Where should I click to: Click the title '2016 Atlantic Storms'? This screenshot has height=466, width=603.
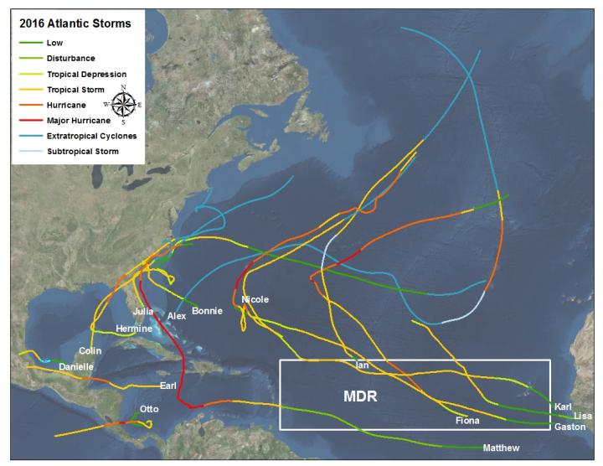pos(75,23)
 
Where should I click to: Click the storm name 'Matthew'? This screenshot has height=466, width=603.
pos(501,448)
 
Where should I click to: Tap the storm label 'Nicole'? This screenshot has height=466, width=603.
pos(255,299)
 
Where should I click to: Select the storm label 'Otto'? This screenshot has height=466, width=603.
pos(148,409)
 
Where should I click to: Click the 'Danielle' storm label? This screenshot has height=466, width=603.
pos(76,367)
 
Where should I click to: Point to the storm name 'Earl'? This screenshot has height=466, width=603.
pos(168,386)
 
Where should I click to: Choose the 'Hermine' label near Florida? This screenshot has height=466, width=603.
pos(134,329)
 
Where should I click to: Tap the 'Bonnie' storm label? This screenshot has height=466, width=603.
pos(207,311)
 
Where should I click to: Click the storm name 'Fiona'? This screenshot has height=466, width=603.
pos(466,420)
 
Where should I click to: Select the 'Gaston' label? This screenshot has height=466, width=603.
pos(569,427)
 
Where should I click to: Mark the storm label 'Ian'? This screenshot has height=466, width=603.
pos(362,365)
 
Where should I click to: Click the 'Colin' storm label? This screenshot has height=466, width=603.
pos(90,350)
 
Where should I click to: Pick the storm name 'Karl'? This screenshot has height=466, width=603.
pos(563,406)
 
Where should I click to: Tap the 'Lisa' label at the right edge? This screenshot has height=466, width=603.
pos(583,417)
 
